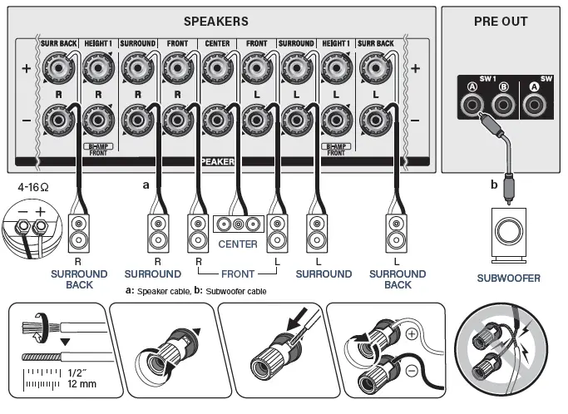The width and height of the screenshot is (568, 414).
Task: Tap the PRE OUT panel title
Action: click(x=501, y=22)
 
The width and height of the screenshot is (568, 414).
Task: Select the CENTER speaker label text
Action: click(x=237, y=245)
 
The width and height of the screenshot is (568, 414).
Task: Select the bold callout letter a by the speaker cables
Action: click(x=146, y=185)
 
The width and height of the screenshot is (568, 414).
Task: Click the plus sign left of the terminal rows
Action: click(x=25, y=69)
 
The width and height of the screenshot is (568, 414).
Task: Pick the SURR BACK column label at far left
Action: click(x=57, y=43)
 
